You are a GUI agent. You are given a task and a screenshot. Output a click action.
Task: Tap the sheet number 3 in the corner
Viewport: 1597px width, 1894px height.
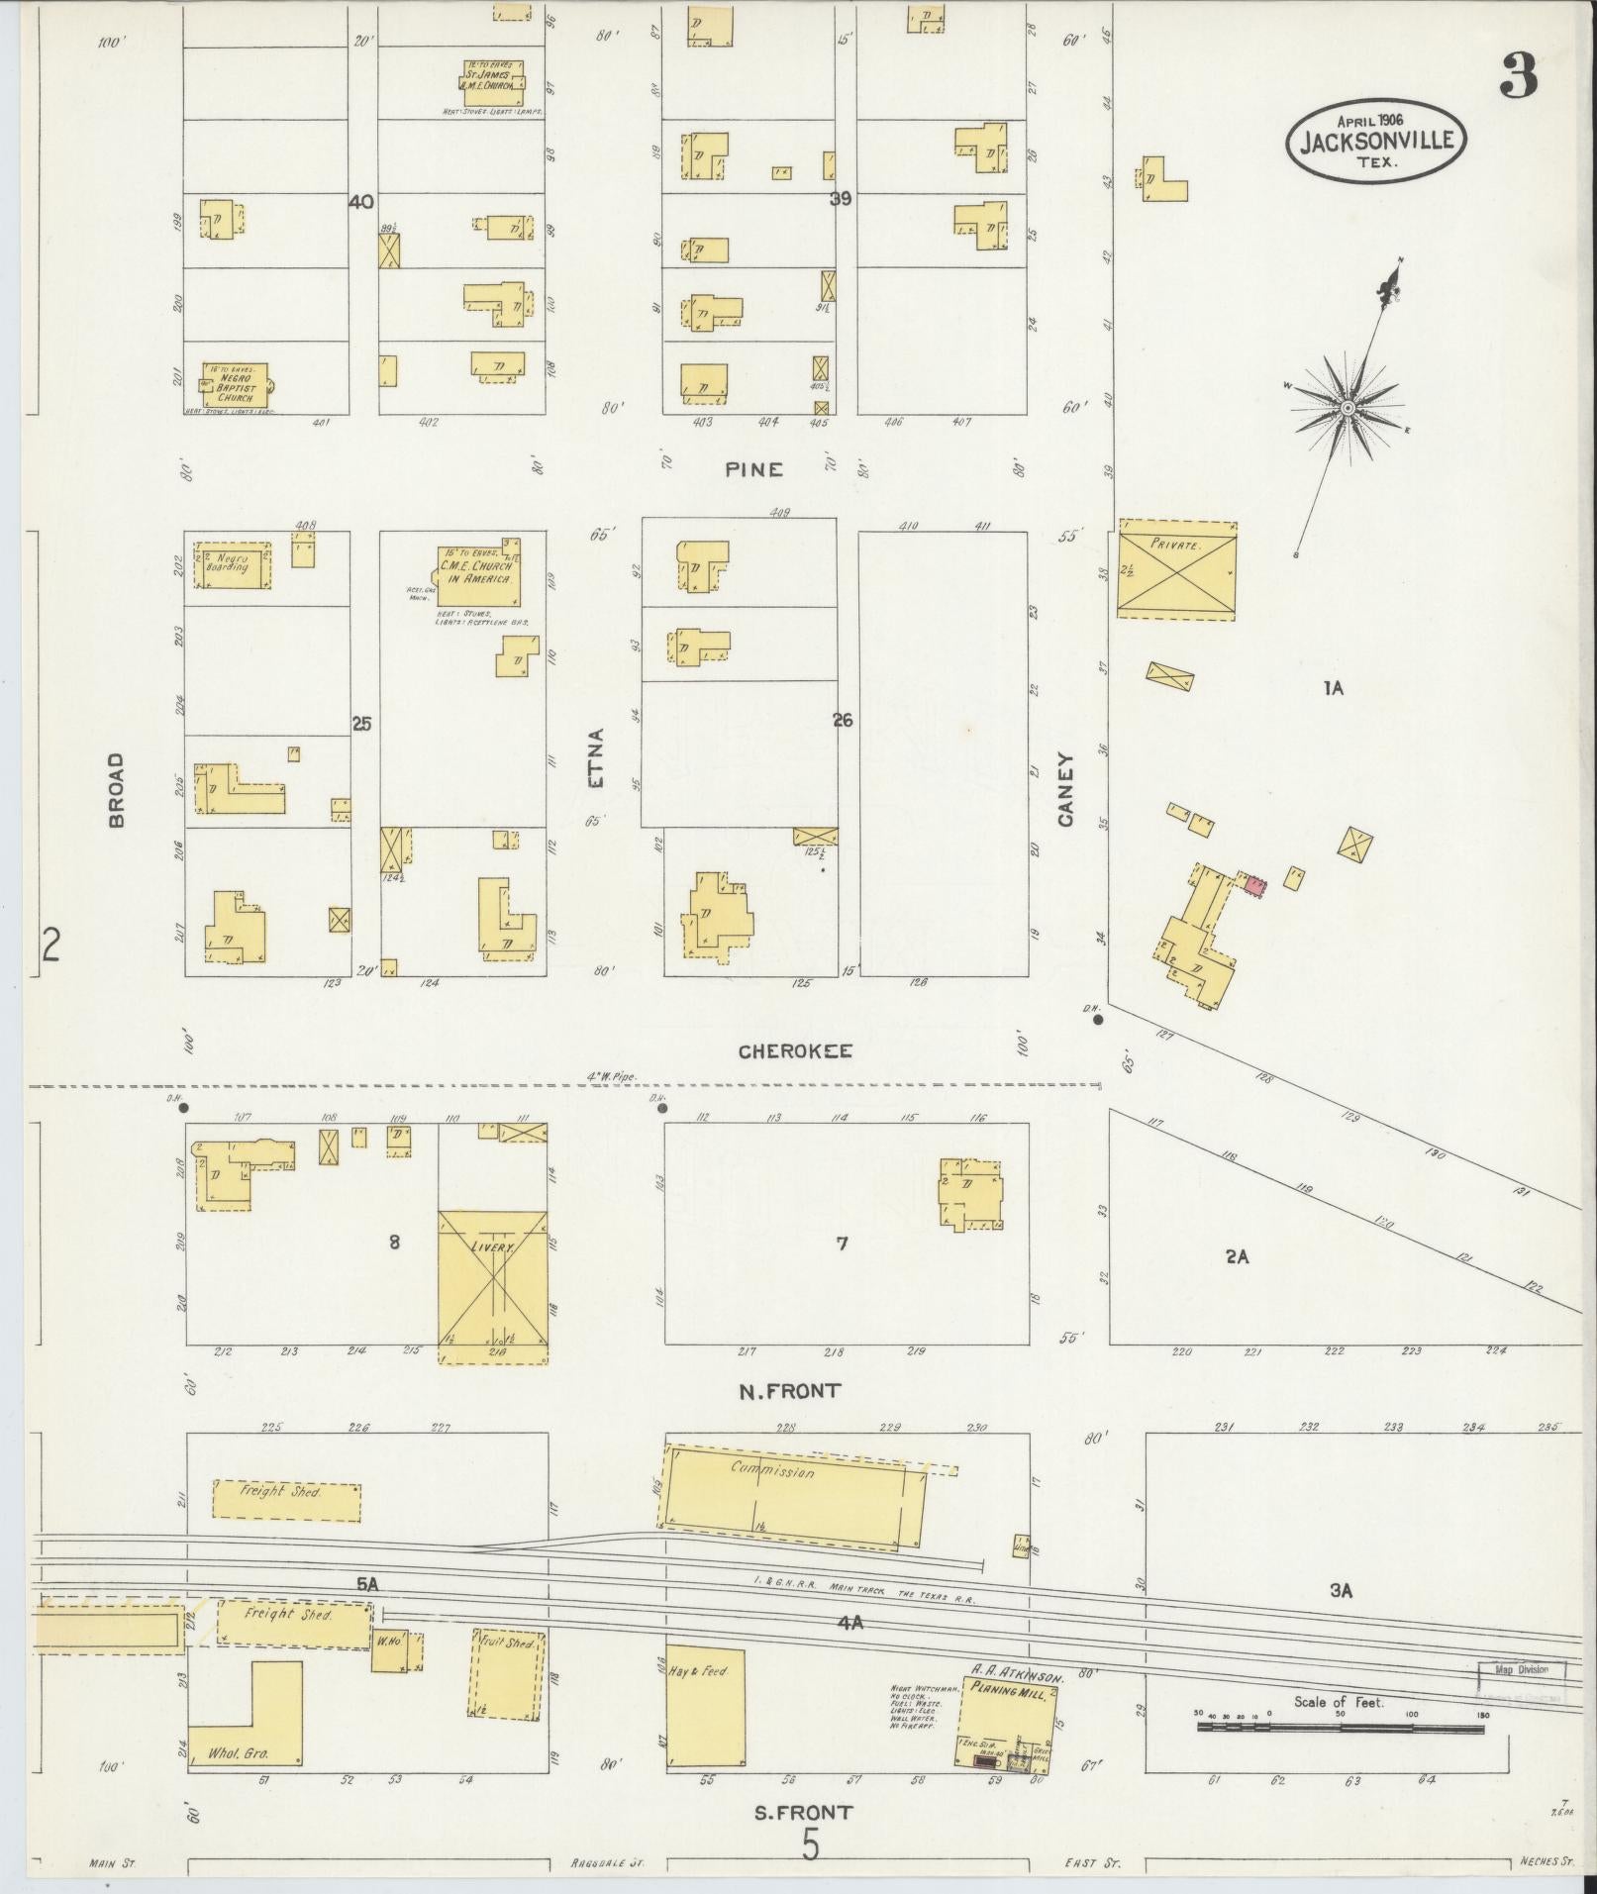1519,76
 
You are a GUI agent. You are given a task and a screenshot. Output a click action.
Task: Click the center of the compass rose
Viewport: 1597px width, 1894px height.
1347,408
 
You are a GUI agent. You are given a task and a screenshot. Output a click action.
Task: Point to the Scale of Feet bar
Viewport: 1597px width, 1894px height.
1341,1729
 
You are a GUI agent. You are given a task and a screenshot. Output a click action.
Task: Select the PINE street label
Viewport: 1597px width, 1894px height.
753,469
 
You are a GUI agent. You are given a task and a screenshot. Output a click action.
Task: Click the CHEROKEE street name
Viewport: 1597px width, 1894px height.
795,1051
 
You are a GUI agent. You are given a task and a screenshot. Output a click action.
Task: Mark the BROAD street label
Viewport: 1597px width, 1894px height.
117,789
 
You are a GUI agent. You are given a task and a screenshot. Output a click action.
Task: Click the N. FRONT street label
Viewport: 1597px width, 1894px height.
789,1390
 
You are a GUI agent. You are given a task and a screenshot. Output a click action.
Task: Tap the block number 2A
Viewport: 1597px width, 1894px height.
1237,1256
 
